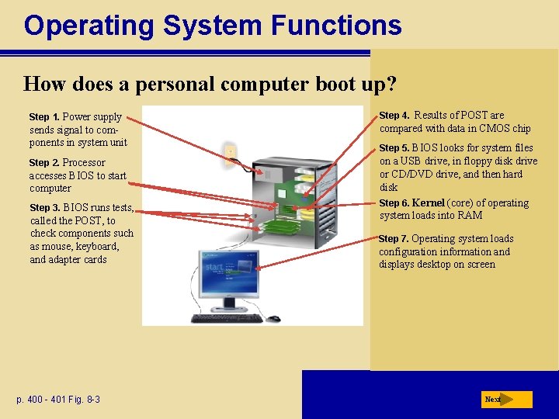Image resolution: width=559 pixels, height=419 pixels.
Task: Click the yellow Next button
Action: [506, 400]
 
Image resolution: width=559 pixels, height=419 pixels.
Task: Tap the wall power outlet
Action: [230, 155]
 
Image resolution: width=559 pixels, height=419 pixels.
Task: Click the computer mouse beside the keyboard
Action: [273, 318]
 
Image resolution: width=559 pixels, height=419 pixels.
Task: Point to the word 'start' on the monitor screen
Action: [214, 267]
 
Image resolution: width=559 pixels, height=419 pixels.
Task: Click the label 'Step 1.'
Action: [44, 117]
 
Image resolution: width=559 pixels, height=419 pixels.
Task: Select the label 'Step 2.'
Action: [44, 163]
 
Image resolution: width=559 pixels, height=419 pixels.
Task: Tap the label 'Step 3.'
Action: [45, 208]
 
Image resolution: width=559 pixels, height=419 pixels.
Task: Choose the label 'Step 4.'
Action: [394, 116]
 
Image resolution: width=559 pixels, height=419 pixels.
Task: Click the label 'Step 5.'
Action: [394, 148]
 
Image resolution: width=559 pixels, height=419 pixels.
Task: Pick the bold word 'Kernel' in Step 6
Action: [428, 203]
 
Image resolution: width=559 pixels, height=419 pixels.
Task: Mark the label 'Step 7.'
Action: [394, 239]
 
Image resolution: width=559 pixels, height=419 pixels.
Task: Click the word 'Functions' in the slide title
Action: [336, 26]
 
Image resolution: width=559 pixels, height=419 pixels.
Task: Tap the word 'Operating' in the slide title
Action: [89, 26]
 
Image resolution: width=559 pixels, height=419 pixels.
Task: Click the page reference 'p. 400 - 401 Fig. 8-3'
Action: [58, 400]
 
